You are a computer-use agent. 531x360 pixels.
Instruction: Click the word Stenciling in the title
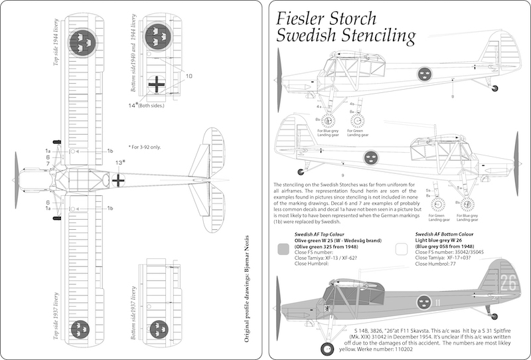pyautogui.click(x=374, y=35)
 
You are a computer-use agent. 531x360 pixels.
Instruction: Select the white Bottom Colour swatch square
pyautogui.click(x=400, y=248)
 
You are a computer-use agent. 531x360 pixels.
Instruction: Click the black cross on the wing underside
pyautogui.click(x=157, y=84)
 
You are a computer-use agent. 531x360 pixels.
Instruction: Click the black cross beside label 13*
pyautogui.click(x=118, y=179)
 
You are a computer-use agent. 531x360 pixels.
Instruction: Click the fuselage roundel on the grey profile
pyautogui.click(x=422, y=304)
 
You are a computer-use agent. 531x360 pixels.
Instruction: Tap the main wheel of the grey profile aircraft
pyautogui.click(x=327, y=349)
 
